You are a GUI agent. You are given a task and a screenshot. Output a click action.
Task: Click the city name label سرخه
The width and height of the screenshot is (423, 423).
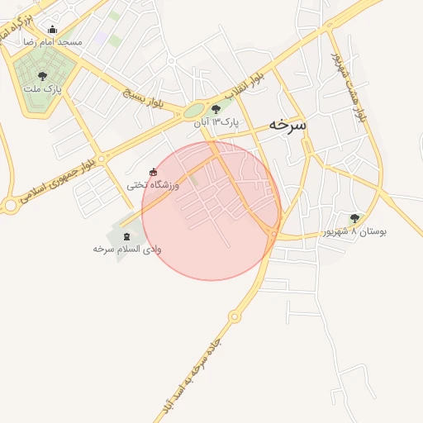click(286, 125)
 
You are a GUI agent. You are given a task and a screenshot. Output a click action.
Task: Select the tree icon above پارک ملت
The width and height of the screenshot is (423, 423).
click(42, 76)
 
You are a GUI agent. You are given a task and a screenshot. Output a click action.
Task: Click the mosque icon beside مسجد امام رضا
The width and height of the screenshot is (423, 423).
click(53, 31)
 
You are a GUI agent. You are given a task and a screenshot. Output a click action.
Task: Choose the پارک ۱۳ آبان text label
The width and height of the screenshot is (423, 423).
click(216, 121)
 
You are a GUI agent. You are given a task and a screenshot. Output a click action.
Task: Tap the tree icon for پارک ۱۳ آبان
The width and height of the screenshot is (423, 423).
click(216, 109)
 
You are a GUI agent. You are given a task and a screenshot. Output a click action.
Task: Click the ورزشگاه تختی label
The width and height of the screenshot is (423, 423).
click(152, 184)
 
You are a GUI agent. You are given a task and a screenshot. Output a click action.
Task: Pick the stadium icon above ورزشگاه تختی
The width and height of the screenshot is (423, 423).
click(153, 172)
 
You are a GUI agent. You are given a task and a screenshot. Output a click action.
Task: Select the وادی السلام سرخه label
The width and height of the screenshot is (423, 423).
click(127, 248)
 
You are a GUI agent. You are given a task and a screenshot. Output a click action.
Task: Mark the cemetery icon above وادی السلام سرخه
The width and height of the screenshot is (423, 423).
click(126, 236)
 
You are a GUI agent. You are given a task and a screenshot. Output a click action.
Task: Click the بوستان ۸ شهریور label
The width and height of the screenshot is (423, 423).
click(356, 231)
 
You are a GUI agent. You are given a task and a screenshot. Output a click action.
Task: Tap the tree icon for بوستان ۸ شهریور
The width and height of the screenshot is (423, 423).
click(354, 219)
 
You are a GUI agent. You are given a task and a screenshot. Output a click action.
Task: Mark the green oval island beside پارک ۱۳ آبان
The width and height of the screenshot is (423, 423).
click(193, 110)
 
